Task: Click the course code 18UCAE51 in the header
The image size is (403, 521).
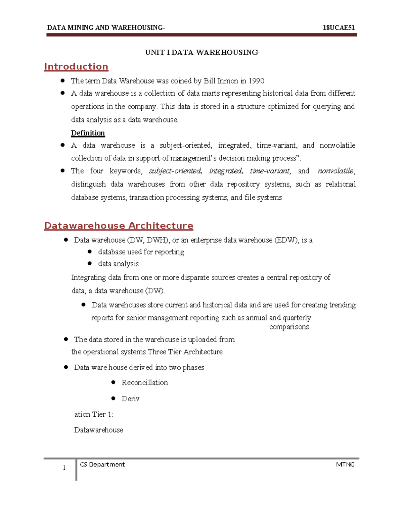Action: tap(339, 28)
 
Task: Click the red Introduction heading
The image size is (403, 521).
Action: tap(76, 66)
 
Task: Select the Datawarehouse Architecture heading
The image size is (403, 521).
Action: tap(119, 225)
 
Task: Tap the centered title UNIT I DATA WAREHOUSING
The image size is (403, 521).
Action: tap(201, 52)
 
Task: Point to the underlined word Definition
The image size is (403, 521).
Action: tap(88, 133)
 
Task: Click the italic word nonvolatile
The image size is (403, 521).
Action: tap(335, 171)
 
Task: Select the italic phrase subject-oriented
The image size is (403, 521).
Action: tap(175, 171)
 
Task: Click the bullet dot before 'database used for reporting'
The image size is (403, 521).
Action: tap(90, 251)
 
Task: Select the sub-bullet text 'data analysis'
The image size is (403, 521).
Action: tap(118, 264)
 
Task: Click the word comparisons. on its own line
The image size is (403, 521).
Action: tap(290, 327)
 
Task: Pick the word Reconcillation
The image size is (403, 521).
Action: tap(144, 382)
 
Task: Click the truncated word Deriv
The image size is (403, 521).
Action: tap(130, 399)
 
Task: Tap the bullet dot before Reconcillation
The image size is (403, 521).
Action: tap(114, 382)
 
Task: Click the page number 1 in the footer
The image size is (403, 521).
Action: tap(64, 468)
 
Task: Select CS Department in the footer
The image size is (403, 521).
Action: tap(102, 464)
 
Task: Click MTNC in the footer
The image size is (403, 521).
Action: tap(345, 464)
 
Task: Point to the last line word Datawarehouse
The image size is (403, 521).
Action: tap(98, 430)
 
